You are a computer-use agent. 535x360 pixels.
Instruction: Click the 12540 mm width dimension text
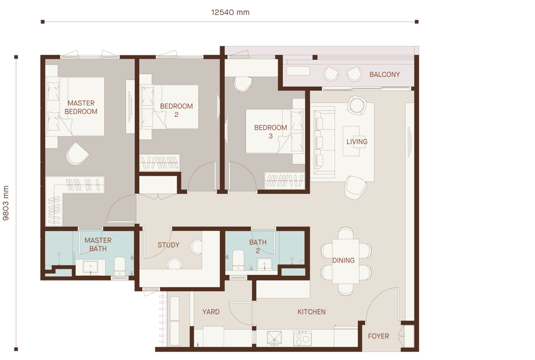tap(230, 12)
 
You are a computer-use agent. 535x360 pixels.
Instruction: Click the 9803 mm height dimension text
tap(6, 203)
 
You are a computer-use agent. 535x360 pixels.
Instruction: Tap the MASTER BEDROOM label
tap(81, 107)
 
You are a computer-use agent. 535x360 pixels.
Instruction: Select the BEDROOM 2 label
tap(177, 110)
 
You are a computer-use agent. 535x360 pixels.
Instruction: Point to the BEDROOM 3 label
tap(270, 132)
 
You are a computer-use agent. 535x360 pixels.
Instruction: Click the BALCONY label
tap(385, 74)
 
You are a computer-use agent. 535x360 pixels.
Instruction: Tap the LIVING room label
tap(357, 142)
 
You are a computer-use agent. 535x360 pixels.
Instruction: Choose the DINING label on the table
tap(344, 260)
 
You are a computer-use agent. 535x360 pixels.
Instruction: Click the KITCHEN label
tap(312, 312)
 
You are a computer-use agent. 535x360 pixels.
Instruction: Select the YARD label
tap(211, 312)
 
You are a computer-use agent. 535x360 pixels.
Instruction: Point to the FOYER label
tap(378, 336)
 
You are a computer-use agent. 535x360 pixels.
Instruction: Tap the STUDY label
tap(169, 245)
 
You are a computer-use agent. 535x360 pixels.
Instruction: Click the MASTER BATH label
tap(98, 244)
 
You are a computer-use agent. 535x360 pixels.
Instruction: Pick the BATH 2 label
tap(258, 246)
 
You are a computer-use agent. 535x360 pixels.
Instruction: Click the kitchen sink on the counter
tap(275, 338)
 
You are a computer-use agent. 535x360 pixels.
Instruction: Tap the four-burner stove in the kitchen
tap(302, 338)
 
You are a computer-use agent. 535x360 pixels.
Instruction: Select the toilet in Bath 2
tap(238, 260)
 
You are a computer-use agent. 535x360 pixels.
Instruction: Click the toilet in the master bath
tap(120, 266)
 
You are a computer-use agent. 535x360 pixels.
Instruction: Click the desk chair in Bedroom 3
tap(243, 84)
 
